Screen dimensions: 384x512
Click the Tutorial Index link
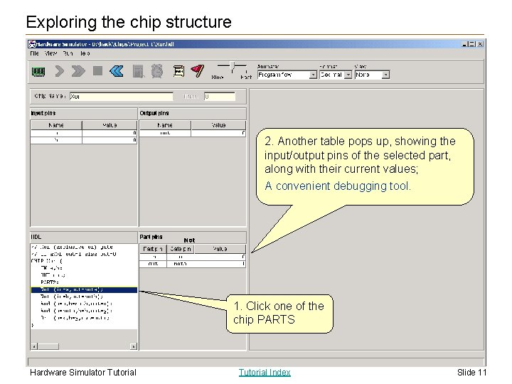click(265, 372)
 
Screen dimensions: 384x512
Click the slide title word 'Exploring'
click(60, 22)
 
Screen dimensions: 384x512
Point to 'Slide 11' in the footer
click(471, 372)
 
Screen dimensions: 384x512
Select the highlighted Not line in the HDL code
click(83, 290)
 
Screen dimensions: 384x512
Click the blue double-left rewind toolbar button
click(117, 71)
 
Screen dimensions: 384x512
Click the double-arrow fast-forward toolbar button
click(78, 71)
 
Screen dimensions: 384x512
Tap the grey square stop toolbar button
click(97, 71)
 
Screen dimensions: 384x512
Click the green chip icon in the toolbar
click(38, 71)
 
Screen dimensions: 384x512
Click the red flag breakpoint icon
click(198, 71)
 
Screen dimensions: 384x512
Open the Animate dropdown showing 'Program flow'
click(287, 75)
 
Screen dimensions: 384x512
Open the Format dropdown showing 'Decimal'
click(336, 75)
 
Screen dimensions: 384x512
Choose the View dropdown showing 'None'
click(372, 75)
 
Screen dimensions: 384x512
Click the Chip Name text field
click(121, 96)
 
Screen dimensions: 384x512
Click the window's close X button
click(481, 43)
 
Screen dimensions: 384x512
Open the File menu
click(34, 53)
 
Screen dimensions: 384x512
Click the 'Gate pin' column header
click(180, 248)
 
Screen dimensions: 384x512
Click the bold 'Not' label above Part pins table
click(189, 240)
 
